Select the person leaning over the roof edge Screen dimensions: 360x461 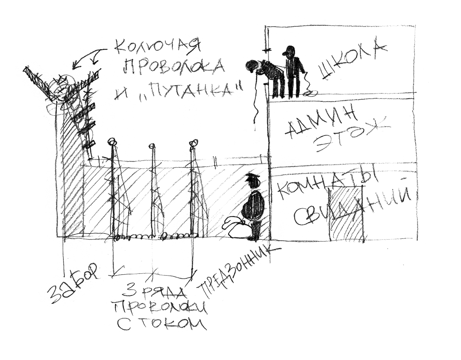pos(265,74)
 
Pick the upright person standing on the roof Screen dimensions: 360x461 pos(292,71)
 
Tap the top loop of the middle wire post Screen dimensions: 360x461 pos(153,147)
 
